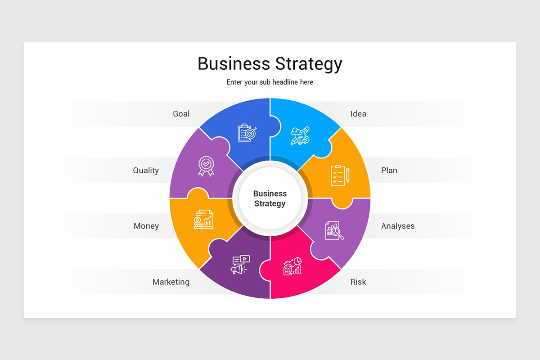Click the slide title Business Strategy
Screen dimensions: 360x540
click(270, 63)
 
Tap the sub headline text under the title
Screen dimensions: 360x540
click(270, 82)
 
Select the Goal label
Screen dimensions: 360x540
click(181, 114)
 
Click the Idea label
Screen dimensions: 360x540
click(358, 114)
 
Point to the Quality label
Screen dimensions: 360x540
click(146, 171)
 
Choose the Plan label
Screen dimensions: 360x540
click(389, 171)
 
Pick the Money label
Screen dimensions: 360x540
click(146, 226)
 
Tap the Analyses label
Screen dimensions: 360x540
click(398, 226)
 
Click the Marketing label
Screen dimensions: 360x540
click(171, 282)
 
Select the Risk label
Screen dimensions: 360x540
click(358, 282)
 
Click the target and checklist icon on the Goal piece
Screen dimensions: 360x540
click(247, 133)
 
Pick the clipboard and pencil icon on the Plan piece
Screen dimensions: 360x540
click(340, 175)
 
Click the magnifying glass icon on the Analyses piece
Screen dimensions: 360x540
click(334, 230)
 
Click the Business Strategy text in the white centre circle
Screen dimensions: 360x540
click(270, 198)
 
